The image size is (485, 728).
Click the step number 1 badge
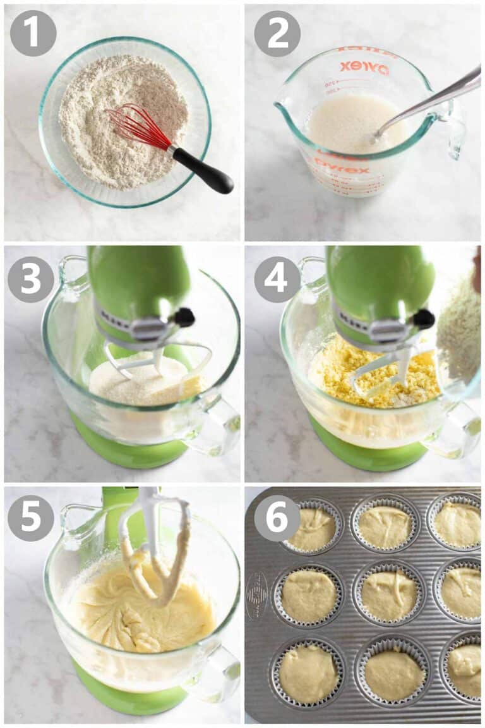point(33,33)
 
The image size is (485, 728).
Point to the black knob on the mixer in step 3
point(184,316)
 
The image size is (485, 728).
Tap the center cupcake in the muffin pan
point(387,594)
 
